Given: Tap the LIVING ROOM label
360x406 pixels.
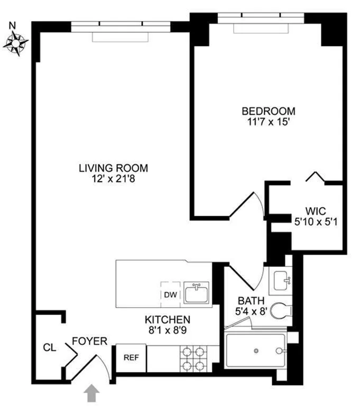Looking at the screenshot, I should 113,169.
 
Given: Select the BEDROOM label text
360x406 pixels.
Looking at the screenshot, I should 268,112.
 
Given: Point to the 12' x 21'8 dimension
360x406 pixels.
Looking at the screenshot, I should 113,179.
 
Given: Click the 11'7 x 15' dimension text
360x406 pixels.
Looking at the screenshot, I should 268,122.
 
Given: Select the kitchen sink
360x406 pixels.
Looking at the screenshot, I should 197,292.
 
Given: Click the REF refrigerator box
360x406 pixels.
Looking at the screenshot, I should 131,357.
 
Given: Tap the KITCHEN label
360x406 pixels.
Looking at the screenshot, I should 168,319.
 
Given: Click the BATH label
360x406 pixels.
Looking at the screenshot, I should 247,300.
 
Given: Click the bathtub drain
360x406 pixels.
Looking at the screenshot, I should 256,350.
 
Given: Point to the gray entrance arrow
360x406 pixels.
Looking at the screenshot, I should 91,394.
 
